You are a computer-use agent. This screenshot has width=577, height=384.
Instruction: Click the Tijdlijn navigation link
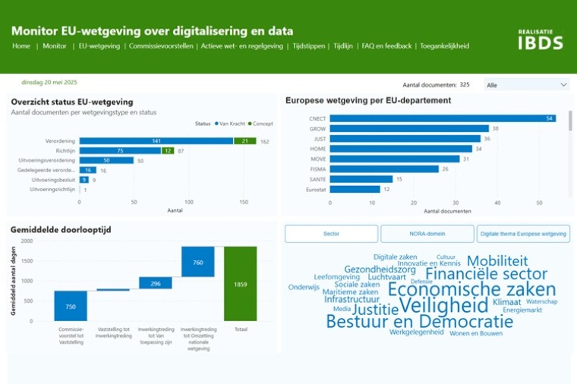[343, 46]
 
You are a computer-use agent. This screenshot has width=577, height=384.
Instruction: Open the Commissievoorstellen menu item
[160, 46]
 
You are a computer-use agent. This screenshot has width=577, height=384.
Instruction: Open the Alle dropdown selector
[526, 85]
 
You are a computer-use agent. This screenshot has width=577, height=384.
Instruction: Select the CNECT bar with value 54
[443, 118]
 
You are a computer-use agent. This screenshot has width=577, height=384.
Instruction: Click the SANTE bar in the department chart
[361, 179]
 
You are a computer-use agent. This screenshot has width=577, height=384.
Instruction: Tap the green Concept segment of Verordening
[244, 141]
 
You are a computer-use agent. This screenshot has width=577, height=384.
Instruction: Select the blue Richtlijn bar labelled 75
[119, 151]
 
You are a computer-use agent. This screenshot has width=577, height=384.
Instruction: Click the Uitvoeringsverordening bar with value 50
[106, 161]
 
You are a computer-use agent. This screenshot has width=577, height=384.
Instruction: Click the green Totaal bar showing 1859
[240, 283]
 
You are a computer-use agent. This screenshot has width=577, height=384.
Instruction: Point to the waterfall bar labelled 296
[156, 283]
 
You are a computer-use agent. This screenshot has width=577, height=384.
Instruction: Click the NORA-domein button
[427, 234]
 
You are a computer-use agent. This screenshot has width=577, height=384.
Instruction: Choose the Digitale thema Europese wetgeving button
[523, 234]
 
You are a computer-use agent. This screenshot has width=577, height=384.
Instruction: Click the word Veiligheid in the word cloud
[444, 306]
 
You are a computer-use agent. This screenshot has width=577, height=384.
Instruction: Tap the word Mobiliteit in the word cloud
[497, 261]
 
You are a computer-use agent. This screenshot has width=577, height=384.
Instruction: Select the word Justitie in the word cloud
[375, 310]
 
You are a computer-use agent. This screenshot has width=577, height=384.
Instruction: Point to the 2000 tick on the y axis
[27, 241]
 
